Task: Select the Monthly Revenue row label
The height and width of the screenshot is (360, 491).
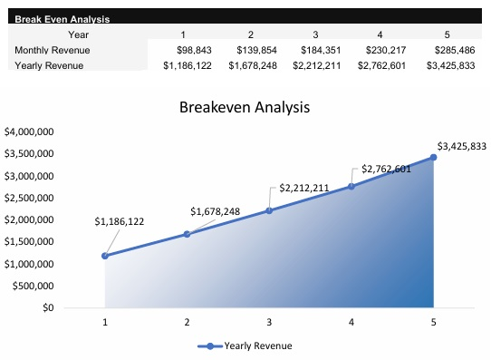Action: click(51, 50)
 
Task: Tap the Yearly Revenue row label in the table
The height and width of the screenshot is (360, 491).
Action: click(49, 65)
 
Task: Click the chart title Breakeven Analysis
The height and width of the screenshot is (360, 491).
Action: click(245, 106)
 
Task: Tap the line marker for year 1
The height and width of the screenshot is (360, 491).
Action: click(105, 256)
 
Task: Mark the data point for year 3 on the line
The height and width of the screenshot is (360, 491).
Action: click(269, 210)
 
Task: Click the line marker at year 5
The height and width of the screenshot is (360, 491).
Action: click(433, 157)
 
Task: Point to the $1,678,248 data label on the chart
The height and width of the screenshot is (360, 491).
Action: click(215, 211)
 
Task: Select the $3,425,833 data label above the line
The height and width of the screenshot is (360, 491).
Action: click(462, 146)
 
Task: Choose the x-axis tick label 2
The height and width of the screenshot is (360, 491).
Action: click(187, 322)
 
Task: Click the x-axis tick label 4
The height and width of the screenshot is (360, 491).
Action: click(351, 322)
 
